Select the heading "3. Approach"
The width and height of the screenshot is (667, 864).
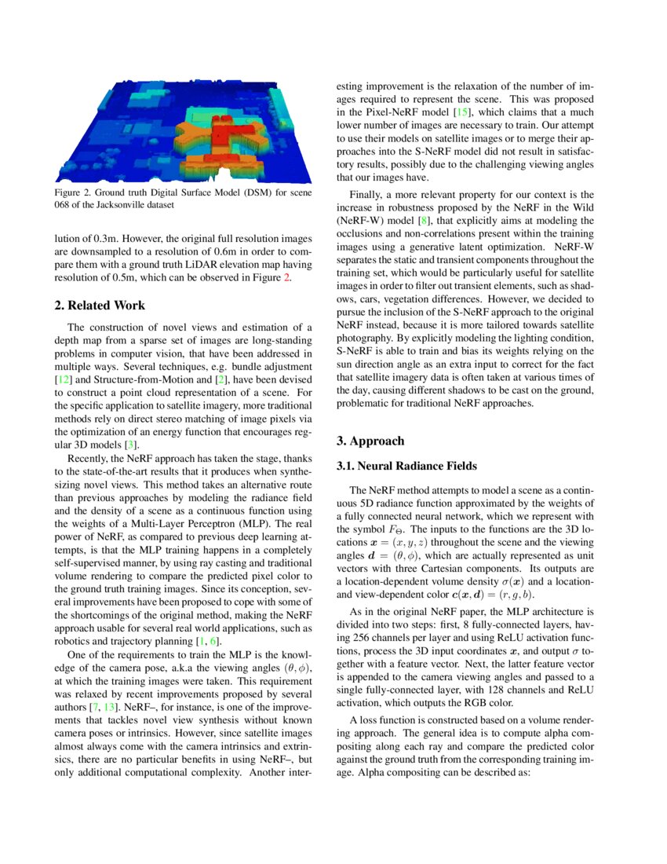[x=370, y=441]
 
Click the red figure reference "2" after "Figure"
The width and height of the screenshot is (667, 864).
[x=288, y=277]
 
